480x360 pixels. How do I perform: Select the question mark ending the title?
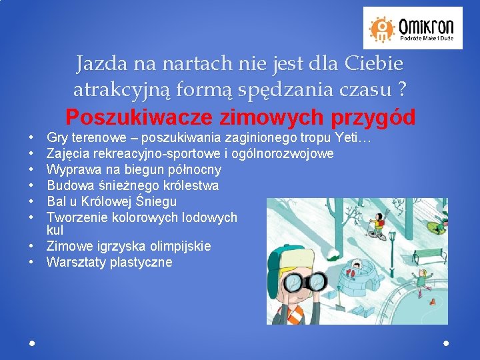401,88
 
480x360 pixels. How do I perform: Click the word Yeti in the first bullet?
345,139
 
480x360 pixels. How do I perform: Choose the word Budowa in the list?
67,185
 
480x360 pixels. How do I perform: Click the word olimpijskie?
175,247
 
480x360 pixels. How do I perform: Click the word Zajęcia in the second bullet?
69,154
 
